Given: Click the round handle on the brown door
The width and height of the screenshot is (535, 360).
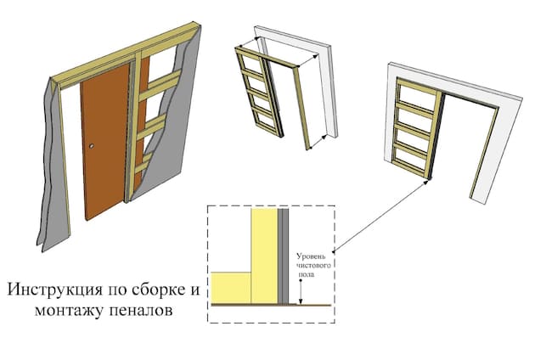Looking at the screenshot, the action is point(92,146).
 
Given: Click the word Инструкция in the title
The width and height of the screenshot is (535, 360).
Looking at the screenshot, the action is point(54,290).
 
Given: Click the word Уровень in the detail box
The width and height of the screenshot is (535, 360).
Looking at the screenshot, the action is point(311,256).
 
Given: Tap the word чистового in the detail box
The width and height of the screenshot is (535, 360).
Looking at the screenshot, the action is point(313,266).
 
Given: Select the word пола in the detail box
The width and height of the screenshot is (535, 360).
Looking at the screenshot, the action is point(307,274).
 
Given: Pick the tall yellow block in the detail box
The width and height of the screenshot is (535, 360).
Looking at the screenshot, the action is point(264,256).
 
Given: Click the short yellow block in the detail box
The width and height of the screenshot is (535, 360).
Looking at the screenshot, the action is point(231,288).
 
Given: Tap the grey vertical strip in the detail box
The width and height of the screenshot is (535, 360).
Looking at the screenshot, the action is point(283,256).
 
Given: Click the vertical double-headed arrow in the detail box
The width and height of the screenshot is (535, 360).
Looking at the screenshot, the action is point(301,291).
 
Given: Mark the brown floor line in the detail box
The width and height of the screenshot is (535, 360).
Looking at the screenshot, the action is point(271,305).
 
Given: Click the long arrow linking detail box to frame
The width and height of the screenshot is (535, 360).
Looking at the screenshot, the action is point(380,216).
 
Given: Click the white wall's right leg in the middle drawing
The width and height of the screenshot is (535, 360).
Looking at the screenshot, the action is point(329,92).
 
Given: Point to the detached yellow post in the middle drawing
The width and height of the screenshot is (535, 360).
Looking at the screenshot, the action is point(302,108).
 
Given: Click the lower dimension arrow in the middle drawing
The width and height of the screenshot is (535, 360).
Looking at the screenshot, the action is point(318,142).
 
